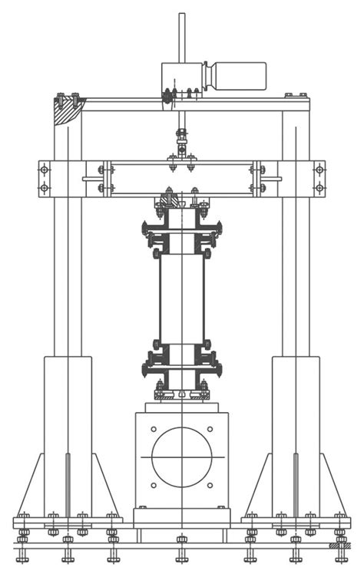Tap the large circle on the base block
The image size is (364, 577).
(182, 457)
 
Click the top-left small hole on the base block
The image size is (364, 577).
(154, 429)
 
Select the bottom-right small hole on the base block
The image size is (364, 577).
(210, 485)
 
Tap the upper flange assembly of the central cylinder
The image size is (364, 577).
(182, 230)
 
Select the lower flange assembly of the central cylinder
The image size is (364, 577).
(182, 367)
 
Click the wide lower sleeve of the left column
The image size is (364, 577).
(68, 434)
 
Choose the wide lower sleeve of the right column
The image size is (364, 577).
(296, 434)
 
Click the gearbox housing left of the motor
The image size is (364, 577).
(181, 77)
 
